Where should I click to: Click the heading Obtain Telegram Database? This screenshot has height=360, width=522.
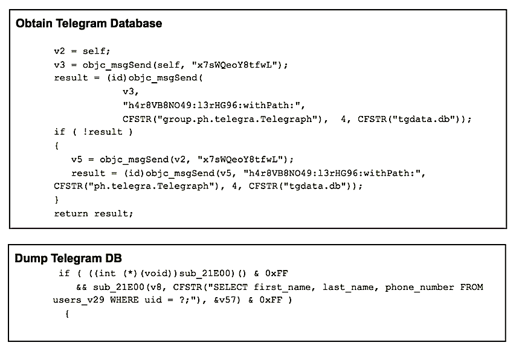click(89, 24)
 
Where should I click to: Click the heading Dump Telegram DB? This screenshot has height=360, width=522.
click(68, 259)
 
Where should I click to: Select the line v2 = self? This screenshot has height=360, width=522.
click(82, 51)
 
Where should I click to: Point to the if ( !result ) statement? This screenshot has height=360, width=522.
click(93, 132)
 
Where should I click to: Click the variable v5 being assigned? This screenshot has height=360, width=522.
click(77, 159)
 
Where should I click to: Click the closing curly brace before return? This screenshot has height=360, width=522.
click(57, 199)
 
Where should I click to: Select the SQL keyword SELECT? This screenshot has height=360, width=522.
click(231, 286)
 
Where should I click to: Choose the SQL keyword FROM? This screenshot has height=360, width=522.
click(471, 286)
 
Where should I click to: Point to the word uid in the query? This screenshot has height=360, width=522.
click(154, 300)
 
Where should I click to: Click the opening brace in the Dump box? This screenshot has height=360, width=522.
click(67, 313)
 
